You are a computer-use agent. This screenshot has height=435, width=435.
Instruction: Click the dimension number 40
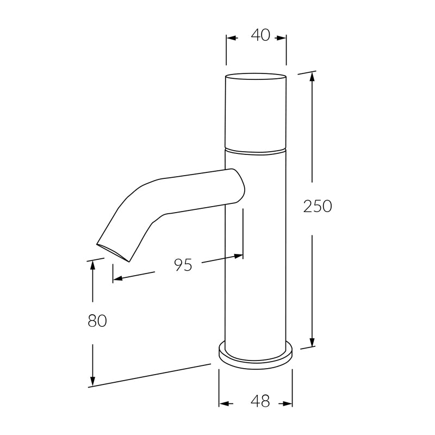click(260, 35)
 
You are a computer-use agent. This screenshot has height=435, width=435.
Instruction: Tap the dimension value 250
click(317, 207)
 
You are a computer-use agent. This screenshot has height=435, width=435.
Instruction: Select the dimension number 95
click(183, 265)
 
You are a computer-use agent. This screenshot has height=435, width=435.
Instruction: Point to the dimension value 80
click(97, 321)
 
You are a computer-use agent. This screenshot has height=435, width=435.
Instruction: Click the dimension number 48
click(260, 402)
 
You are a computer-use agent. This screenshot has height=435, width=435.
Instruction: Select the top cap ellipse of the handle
click(256, 76)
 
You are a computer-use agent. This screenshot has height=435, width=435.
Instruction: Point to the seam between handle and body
click(256, 150)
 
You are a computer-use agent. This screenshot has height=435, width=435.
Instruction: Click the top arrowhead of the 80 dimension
click(92, 265)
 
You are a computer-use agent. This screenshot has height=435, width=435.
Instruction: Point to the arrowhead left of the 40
click(231, 38)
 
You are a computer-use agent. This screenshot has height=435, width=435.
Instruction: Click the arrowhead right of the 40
click(282, 38)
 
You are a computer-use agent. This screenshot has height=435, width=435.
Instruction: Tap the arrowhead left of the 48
click(223, 404)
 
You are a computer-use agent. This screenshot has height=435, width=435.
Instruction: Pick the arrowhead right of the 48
click(288, 404)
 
